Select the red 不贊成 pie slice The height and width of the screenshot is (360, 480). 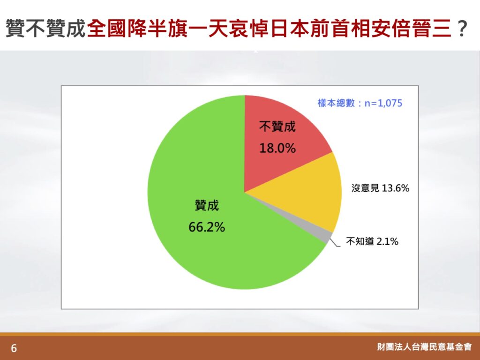click(x=276, y=141)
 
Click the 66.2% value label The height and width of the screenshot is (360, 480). click(x=207, y=227)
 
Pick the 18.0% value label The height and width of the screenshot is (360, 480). click(x=277, y=148)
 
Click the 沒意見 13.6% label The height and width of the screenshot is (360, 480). click(x=380, y=187)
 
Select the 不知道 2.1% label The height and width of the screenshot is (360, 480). click(x=372, y=241)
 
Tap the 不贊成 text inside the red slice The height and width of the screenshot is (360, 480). click(x=277, y=127)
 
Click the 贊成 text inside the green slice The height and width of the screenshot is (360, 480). click(x=207, y=205)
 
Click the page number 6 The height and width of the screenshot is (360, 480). click(x=14, y=348)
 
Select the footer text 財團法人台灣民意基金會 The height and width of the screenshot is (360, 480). click(x=424, y=347)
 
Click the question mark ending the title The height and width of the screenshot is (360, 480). click(x=462, y=28)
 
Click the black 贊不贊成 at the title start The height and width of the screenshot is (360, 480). click(x=45, y=28)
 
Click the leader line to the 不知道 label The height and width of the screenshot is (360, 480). click(x=335, y=242)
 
